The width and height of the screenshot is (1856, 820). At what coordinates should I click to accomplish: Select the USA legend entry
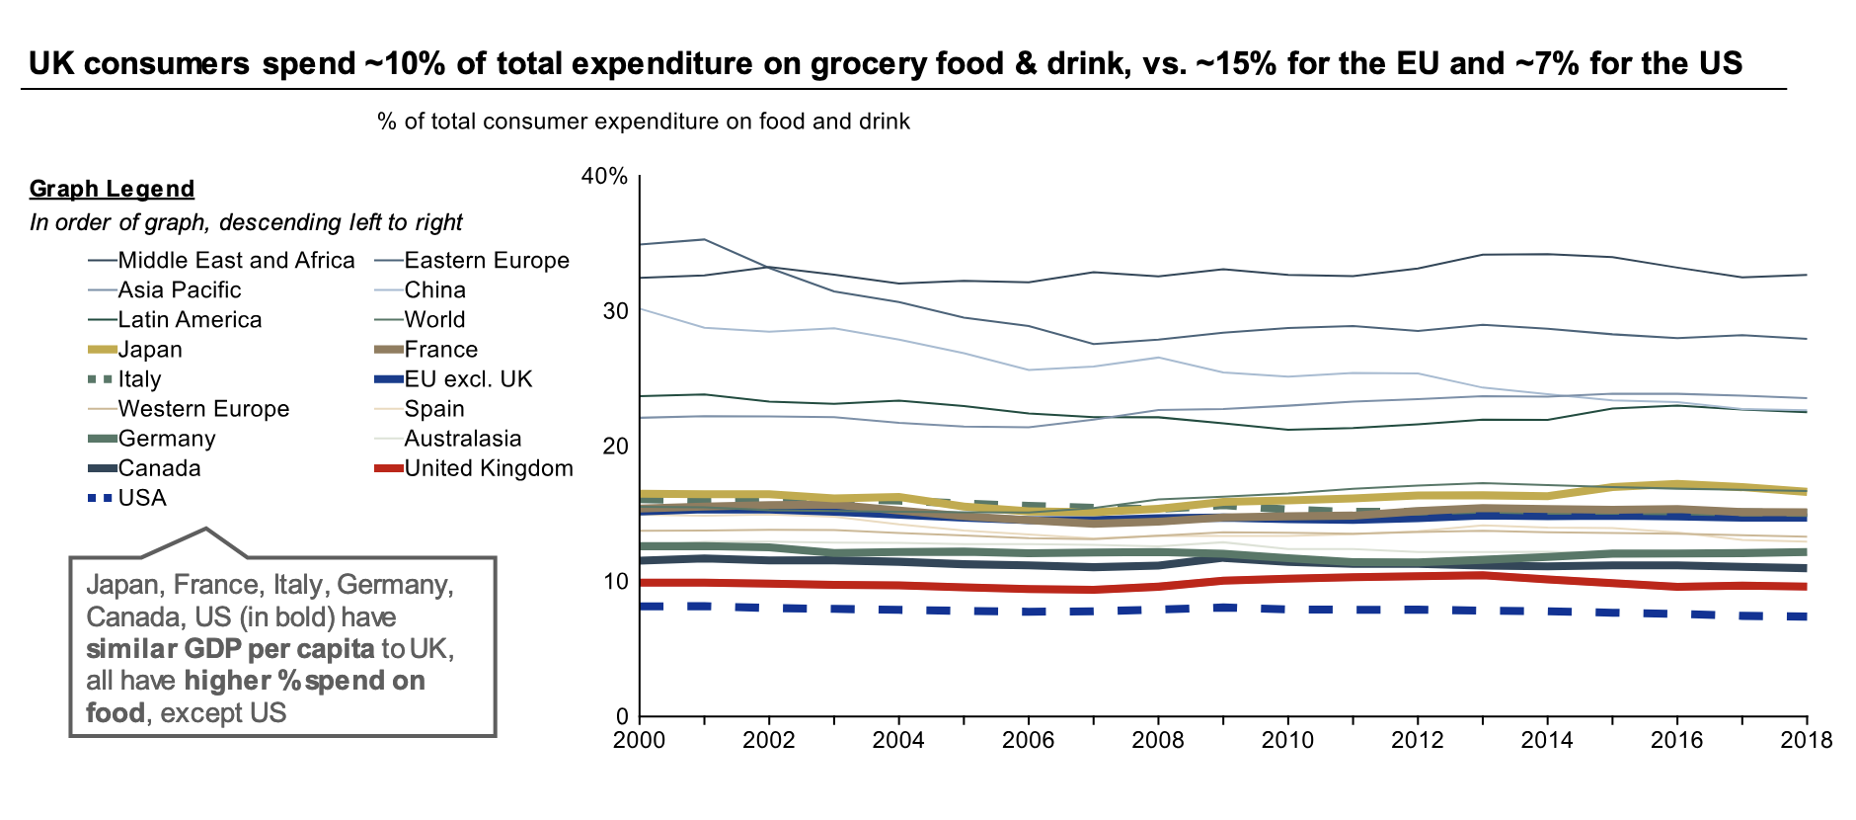pyautogui.click(x=142, y=498)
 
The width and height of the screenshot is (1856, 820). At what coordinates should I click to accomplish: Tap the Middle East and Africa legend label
pyautogui.click(x=236, y=261)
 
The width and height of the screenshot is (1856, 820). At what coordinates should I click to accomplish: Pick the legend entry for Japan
pyautogui.click(x=150, y=350)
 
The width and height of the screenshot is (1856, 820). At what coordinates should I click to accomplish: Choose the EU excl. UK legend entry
pyautogui.click(x=468, y=379)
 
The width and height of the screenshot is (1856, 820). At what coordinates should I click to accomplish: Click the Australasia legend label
pyautogui.click(x=462, y=439)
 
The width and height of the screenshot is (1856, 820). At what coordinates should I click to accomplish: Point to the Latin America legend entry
pyautogui.click(x=190, y=320)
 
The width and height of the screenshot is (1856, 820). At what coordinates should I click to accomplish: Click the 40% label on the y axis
pyautogui.click(x=604, y=177)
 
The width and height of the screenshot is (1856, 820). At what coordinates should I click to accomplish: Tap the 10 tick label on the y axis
pyautogui.click(x=615, y=581)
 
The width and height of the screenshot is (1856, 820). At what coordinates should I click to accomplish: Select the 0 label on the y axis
pyautogui.click(x=621, y=716)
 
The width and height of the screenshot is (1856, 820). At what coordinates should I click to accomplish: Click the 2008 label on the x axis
pyautogui.click(x=1158, y=740)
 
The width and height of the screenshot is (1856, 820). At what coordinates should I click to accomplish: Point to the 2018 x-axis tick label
pyautogui.click(x=1807, y=740)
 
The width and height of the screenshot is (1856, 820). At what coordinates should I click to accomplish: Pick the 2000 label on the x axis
pyautogui.click(x=640, y=740)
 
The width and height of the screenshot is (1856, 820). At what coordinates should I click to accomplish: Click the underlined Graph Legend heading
pyautogui.click(x=112, y=189)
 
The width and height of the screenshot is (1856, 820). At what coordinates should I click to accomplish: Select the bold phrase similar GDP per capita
pyautogui.click(x=230, y=649)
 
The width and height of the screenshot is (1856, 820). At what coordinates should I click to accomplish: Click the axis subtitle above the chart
pyautogui.click(x=644, y=122)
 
